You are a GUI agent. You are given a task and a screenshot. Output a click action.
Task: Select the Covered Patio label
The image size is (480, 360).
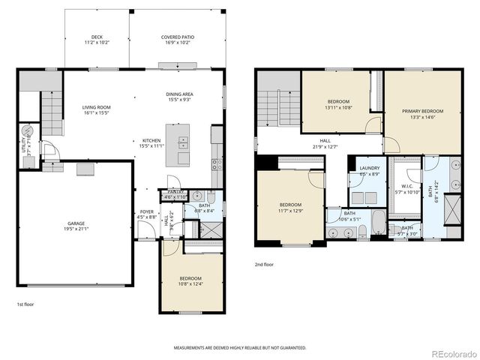[175, 40]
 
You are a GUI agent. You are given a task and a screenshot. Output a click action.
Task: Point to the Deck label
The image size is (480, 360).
[97, 40]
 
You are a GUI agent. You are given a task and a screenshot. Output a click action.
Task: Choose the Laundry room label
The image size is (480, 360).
[369, 170]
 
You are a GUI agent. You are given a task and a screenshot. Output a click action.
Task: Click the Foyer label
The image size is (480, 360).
[147, 214]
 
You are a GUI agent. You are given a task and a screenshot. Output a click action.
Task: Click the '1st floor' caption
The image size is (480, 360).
[25, 304]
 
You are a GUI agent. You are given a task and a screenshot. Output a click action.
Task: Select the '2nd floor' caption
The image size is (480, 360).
[263, 265]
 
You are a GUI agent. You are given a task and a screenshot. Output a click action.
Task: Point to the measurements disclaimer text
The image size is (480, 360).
[239, 348]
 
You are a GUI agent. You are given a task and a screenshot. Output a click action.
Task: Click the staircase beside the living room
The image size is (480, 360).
[50, 111]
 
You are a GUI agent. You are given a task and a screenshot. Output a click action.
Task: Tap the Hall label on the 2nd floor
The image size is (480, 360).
[325, 142]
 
